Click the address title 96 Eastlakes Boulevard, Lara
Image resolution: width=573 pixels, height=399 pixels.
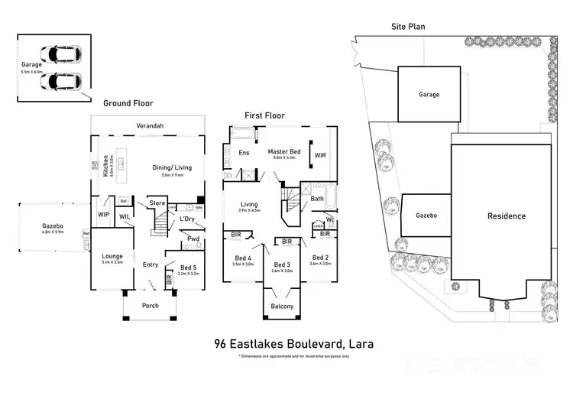tap(294, 344)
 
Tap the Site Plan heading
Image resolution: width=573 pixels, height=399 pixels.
tap(407, 27)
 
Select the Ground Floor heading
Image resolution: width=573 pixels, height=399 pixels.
tap(128, 103)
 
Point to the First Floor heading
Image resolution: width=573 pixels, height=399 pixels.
tap(264, 115)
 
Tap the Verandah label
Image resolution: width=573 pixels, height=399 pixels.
tap(151, 125)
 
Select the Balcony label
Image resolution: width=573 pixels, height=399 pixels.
tap(282, 307)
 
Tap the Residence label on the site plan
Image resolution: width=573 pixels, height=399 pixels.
tap(507, 216)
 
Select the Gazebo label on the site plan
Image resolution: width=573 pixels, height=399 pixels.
tap(426, 216)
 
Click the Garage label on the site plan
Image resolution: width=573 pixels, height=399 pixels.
tap(429, 95)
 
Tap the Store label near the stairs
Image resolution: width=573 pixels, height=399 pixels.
tap(157, 203)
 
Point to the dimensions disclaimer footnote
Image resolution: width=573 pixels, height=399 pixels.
tap(294, 356)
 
